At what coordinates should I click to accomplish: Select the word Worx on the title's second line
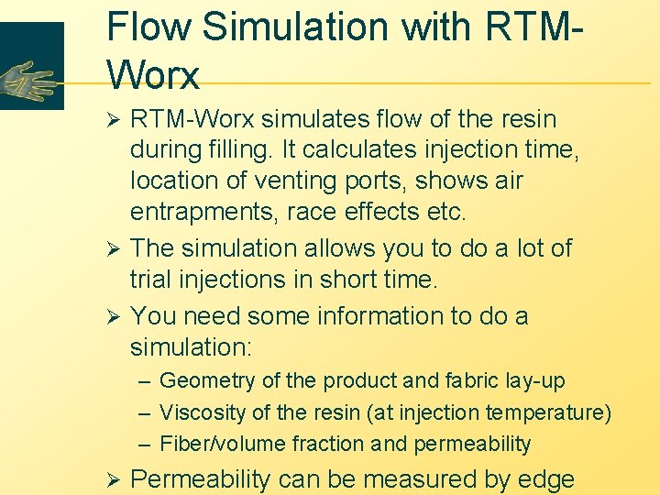pyautogui.click(x=153, y=74)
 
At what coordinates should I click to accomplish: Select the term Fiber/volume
pyautogui.click(x=223, y=445)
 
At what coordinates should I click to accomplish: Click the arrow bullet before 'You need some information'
pyautogui.click(x=115, y=316)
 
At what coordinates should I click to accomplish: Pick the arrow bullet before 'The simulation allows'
pyautogui.click(x=115, y=248)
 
